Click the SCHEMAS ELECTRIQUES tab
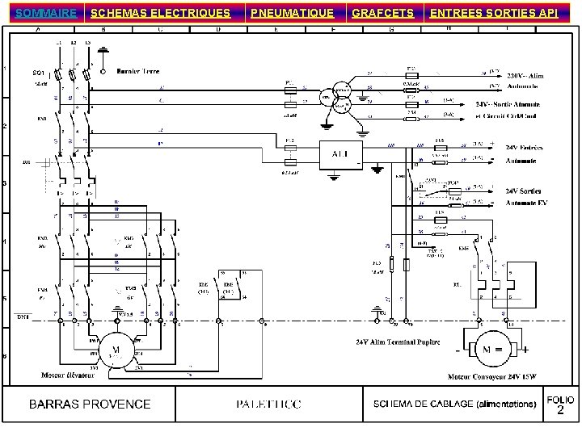(x=160, y=13)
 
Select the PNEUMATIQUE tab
(x=291, y=13)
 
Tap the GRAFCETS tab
(x=383, y=13)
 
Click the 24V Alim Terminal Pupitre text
(x=397, y=342)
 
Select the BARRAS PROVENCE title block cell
(x=91, y=404)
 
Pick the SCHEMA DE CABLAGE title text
(x=454, y=404)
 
